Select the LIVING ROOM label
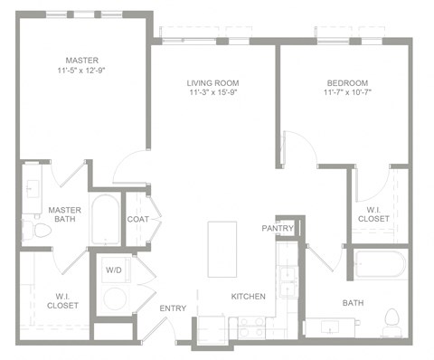213,82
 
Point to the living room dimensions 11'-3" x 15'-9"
213,93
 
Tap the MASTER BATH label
64,215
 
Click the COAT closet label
137,218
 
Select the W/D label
116,270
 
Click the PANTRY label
278,229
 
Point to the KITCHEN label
247,297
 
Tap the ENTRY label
173,308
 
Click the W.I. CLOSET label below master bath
62,299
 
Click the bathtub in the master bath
105,219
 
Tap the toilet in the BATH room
392,319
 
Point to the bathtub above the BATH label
381,266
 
